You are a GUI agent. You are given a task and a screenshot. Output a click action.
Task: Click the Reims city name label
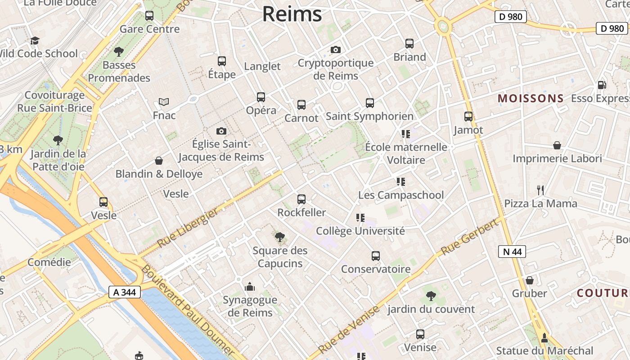(292, 14)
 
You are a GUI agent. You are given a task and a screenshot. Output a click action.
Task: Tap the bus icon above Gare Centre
(149, 16)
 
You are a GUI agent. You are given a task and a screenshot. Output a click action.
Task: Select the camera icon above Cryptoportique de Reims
(336, 49)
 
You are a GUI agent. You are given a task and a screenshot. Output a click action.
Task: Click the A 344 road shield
(125, 292)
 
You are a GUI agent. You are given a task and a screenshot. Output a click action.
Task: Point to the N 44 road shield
(512, 252)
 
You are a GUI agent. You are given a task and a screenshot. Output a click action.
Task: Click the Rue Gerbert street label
(470, 237)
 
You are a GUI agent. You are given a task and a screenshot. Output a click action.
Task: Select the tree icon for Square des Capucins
(280, 237)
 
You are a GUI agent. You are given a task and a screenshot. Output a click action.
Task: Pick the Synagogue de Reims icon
(250, 287)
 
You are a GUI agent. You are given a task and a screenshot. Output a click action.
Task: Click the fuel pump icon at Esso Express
(602, 85)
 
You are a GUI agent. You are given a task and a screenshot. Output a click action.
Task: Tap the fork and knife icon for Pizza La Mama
(540, 190)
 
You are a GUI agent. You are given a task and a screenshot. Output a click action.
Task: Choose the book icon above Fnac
(164, 102)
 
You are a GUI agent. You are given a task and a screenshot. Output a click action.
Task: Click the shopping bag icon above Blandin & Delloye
(159, 161)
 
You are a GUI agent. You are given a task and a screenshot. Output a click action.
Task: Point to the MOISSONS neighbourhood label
(531, 98)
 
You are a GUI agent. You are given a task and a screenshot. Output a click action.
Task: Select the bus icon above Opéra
(261, 97)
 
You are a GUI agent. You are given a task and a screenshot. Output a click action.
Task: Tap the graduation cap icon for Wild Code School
(35, 41)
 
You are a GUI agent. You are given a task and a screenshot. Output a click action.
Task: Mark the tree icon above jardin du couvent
(431, 296)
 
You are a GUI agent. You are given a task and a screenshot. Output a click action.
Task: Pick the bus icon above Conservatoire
(376, 256)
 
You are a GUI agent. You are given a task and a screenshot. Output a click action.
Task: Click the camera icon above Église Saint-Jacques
(221, 131)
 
